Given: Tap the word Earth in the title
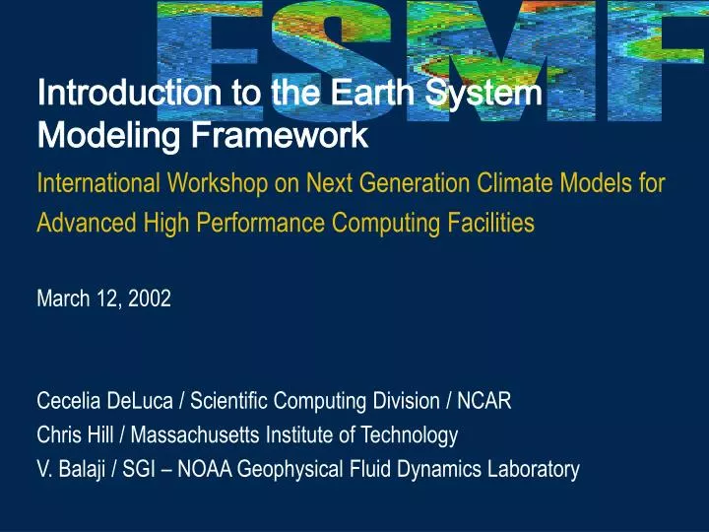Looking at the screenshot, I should [x=376, y=95].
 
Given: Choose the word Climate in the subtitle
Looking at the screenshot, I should [x=510, y=182].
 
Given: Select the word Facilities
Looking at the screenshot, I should [x=484, y=223].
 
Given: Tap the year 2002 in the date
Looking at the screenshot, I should [x=151, y=299].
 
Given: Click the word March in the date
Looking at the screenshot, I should [x=60, y=299].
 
